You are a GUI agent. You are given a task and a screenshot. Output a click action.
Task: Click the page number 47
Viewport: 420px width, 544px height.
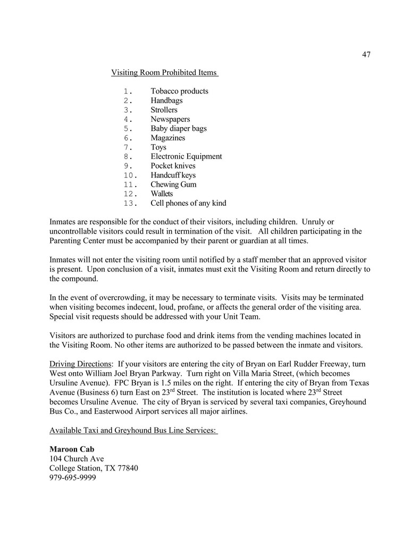[366, 54]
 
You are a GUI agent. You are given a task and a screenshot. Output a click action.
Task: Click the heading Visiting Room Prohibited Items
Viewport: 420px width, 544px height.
[164, 72]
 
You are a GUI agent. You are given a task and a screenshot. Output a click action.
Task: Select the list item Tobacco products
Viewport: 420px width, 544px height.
[179, 91]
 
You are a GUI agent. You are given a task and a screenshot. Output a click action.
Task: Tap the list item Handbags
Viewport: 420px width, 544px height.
[166, 101]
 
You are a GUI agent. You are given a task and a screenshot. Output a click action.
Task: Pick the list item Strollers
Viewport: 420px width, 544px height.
[164, 110]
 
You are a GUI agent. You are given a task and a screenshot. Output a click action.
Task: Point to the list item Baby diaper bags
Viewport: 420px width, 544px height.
[179, 129]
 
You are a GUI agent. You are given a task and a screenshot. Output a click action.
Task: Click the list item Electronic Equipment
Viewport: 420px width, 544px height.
[186, 156]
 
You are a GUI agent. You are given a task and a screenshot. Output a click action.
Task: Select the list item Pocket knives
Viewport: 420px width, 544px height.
[173, 166]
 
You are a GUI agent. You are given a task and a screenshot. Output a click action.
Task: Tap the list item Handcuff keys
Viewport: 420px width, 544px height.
[173, 175]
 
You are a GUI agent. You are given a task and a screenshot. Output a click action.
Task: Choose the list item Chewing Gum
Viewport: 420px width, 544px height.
[173, 185]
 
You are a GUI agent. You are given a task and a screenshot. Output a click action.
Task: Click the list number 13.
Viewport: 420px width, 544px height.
[131, 203]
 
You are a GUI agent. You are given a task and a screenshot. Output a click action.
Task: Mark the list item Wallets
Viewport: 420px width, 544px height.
[162, 194]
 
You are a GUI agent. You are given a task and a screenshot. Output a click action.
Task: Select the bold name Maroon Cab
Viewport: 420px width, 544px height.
[72, 449]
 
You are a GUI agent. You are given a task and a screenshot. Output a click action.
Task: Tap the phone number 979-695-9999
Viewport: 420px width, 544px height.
[73, 478]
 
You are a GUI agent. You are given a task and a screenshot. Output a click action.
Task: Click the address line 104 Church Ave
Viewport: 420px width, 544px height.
[77, 459]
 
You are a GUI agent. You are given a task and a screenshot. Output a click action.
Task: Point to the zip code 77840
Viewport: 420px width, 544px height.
[128, 468]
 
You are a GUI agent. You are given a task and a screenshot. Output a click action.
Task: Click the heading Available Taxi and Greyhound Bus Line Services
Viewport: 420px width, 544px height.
[133, 430]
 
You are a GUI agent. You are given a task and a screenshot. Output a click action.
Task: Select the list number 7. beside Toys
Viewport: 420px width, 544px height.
[128, 147]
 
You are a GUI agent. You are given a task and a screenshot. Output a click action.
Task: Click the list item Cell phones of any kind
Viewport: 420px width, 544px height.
[188, 203]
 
